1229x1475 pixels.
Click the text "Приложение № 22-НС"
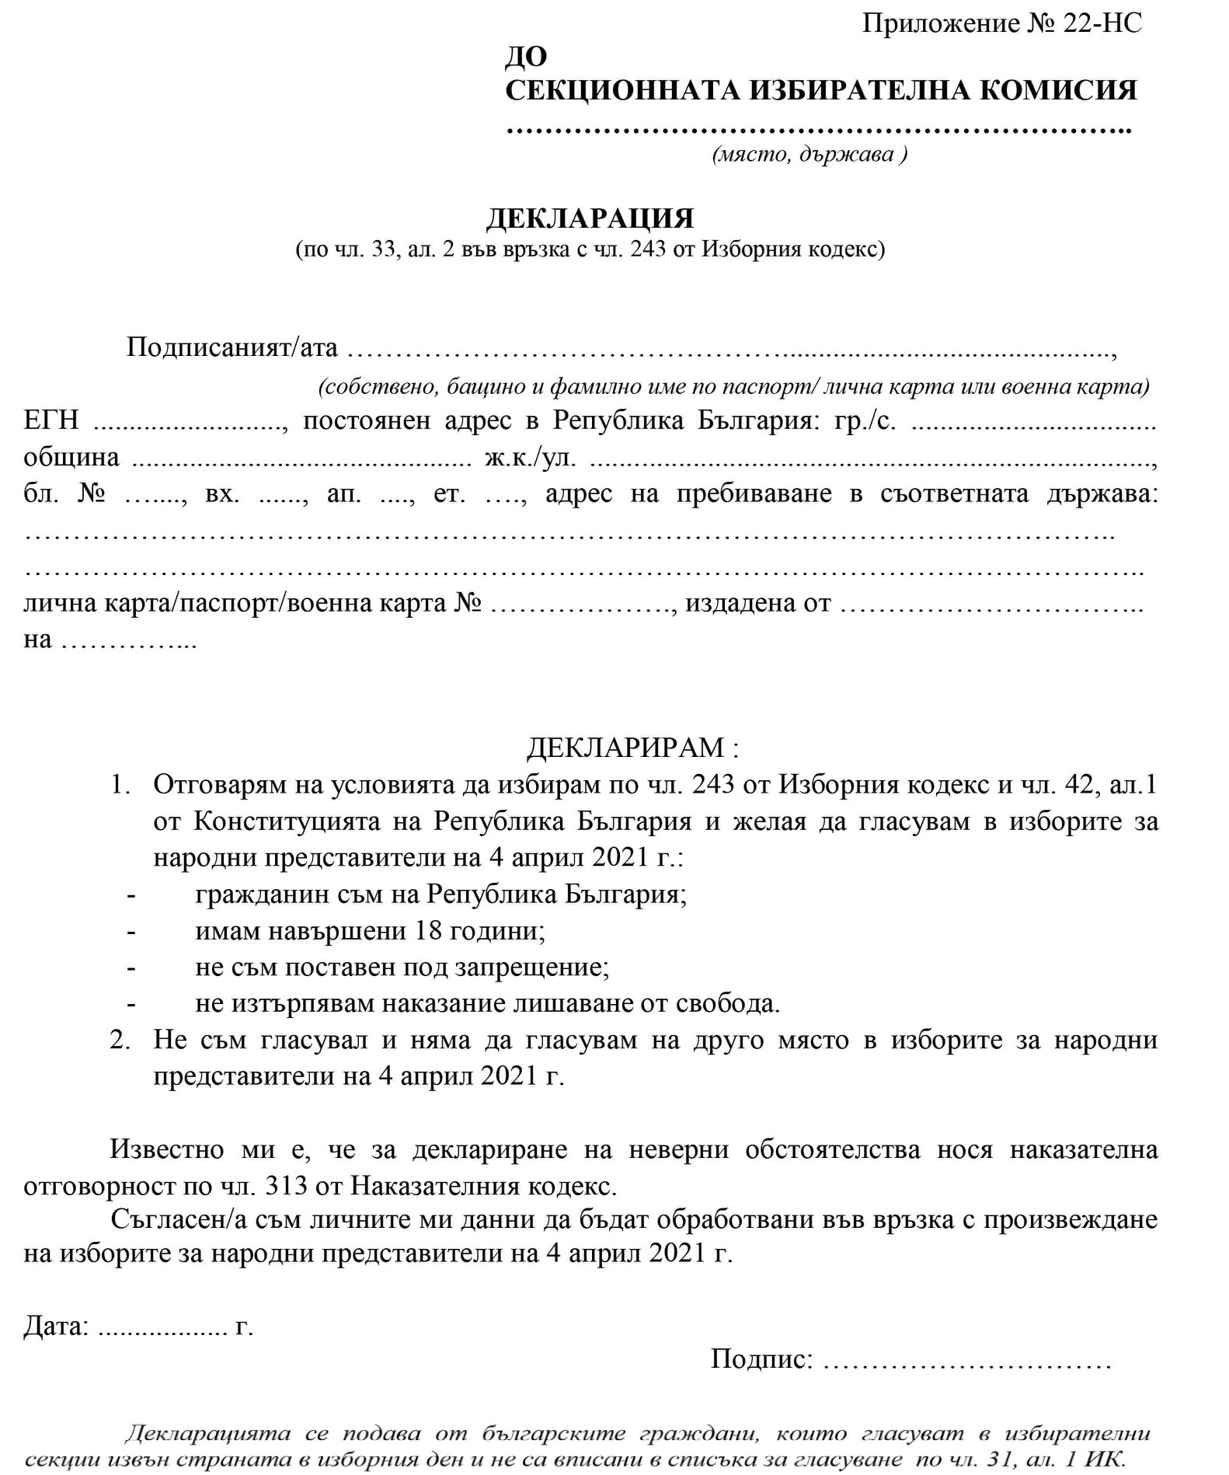click(1001, 23)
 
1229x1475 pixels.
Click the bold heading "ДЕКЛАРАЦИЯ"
click(590, 218)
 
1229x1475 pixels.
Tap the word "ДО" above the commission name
click(527, 56)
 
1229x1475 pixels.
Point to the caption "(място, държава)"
click(809, 154)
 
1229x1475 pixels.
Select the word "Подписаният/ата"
click(232, 347)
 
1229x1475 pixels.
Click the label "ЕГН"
click(51, 420)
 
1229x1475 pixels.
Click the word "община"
click(71, 457)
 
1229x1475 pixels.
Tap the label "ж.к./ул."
click(531, 457)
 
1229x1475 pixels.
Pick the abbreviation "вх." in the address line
click(223, 493)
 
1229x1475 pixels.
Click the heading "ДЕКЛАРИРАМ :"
click(633, 748)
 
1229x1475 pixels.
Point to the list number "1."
click(120, 785)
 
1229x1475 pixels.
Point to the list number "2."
click(120, 1040)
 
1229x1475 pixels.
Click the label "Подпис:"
click(762, 1359)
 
